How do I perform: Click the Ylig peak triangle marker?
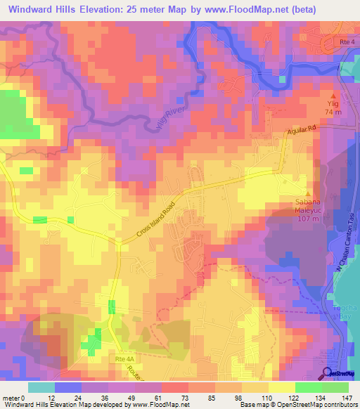point(334,94)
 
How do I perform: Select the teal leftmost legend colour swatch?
point(41,387)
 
